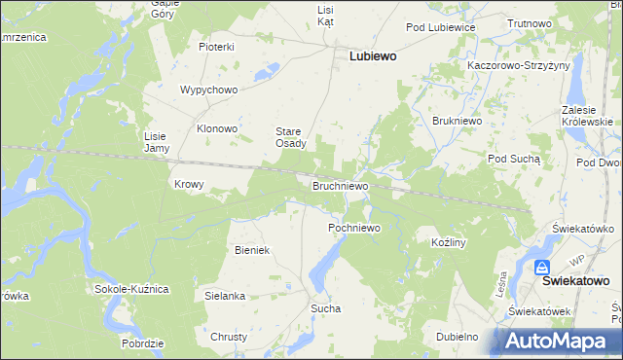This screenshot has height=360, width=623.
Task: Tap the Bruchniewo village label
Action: pyautogui.click(x=340, y=184)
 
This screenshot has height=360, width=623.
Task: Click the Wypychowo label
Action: pyautogui.click(x=209, y=90)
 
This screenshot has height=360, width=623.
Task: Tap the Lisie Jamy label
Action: pyautogui.click(x=157, y=142)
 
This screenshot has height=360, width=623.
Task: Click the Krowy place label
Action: pyautogui.click(x=189, y=184)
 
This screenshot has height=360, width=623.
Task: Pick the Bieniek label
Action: pyautogui.click(x=251, y=250)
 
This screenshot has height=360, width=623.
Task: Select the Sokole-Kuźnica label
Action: pyautogui.click(x=131, y=289)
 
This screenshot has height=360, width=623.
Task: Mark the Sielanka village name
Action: pyautogui.click(x=224, y=295)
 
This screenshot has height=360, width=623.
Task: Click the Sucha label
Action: pyautogui.click(x=325, y=308)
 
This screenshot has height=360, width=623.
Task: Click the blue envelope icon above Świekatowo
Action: pyautogui.click(x=542, y=266)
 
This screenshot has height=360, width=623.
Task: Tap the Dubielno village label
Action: pyautogui.click(x=457, y=337)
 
